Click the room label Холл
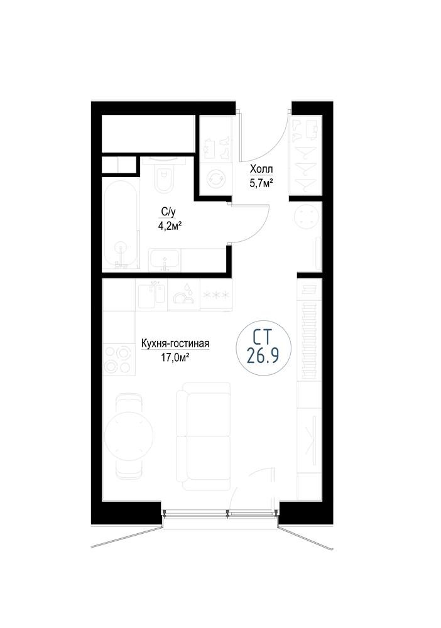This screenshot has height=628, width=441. point(261,170)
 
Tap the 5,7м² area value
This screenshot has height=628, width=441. point(261,184)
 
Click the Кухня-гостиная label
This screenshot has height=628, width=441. point(175,344)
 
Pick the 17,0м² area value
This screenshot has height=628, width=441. point(175,358)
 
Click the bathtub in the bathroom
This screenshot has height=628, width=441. point(121,227)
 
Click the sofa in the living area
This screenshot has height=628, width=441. point(204,436)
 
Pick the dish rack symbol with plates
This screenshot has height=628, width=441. point(183,295)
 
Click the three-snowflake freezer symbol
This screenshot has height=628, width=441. point(216,295)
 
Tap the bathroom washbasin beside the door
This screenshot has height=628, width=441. point(165,260)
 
